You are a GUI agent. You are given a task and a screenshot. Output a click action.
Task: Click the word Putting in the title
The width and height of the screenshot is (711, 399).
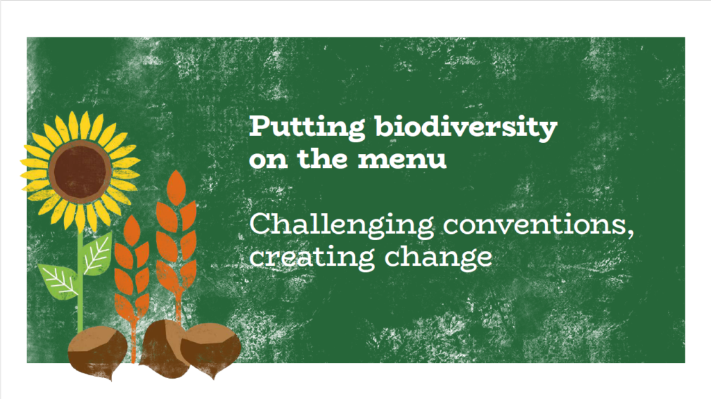pyautogui.click(x=307, y=128)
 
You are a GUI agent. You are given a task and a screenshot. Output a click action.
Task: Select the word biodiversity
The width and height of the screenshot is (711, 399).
pyautogui.click(x=466, y=128)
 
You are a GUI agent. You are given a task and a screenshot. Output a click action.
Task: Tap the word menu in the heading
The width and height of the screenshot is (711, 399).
pyautogui.click(x=402, y=159)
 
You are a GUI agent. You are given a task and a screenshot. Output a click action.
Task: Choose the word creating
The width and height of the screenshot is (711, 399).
pyautogui.click(x=312, y=257)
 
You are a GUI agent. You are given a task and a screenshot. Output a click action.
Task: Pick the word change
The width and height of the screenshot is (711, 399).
pyautogui.click(x=438, y=257)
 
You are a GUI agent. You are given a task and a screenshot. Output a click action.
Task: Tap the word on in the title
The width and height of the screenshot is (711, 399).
pyautogui.click(x=268, y=160)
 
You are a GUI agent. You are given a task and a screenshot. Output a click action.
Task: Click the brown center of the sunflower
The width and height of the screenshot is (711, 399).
pyautogui.click(x=81, y=170)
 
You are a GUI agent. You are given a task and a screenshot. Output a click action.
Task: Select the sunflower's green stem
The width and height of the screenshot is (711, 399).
pyautogui.click(x=81, y=281)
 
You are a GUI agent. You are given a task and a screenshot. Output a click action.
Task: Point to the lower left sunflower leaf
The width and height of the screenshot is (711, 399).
pyautogui.click(x=58, y=281)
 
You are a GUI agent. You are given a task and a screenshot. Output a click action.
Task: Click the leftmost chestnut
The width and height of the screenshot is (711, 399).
pyautogui.click(x=97, y=351)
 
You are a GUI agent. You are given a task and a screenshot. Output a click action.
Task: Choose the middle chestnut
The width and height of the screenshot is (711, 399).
pyautogui.click(x=161, y=347)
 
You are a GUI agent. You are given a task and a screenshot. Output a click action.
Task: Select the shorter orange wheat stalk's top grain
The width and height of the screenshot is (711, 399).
pyautogui.click(x=132, y=230)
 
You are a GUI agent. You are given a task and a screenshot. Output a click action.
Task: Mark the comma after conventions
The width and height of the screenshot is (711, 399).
pyautogui.click(x=630, y=234)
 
